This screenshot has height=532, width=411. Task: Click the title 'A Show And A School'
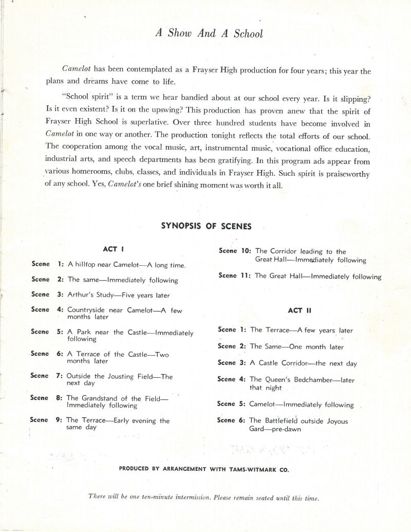(209, 34)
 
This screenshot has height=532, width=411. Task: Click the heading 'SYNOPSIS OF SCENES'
(206, 226)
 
